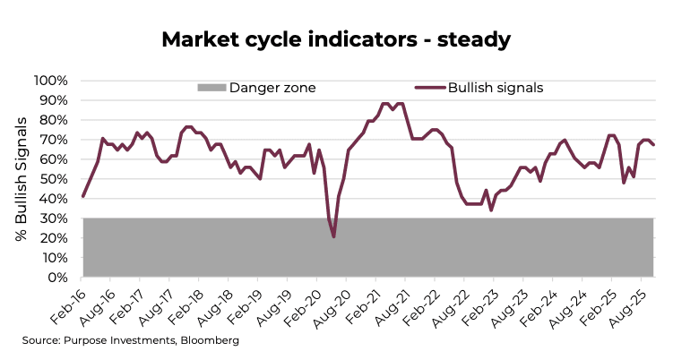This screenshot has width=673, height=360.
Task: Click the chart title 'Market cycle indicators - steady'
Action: pyautogui.click(x=336, y=39)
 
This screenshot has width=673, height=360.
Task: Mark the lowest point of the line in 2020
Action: pyautogui.click(x=334, y=236)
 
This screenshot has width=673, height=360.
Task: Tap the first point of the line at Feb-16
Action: pyautogui.click(x=82, y=196)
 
